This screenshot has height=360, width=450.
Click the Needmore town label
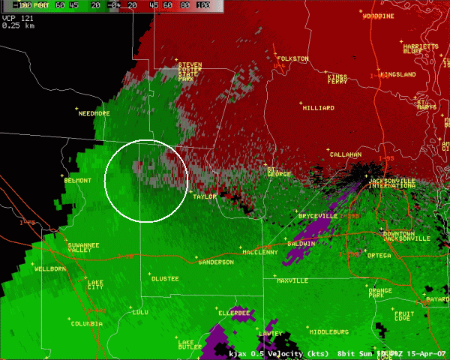point(94,113)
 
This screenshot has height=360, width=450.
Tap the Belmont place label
point(78,181)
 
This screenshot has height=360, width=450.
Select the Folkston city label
point(292,58)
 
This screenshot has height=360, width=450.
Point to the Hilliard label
point(318,108)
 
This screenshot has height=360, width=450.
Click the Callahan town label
point(345,154)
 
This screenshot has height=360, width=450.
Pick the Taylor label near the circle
point(205,196)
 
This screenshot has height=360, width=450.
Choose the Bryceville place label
point(318,216)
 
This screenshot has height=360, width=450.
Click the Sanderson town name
point(215,262)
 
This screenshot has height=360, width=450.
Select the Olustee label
point(165,278)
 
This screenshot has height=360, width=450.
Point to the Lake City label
point(95,284)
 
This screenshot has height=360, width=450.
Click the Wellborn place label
point(50,268)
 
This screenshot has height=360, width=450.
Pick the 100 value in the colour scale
point(202,5)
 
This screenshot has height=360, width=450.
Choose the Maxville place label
point(292,280)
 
